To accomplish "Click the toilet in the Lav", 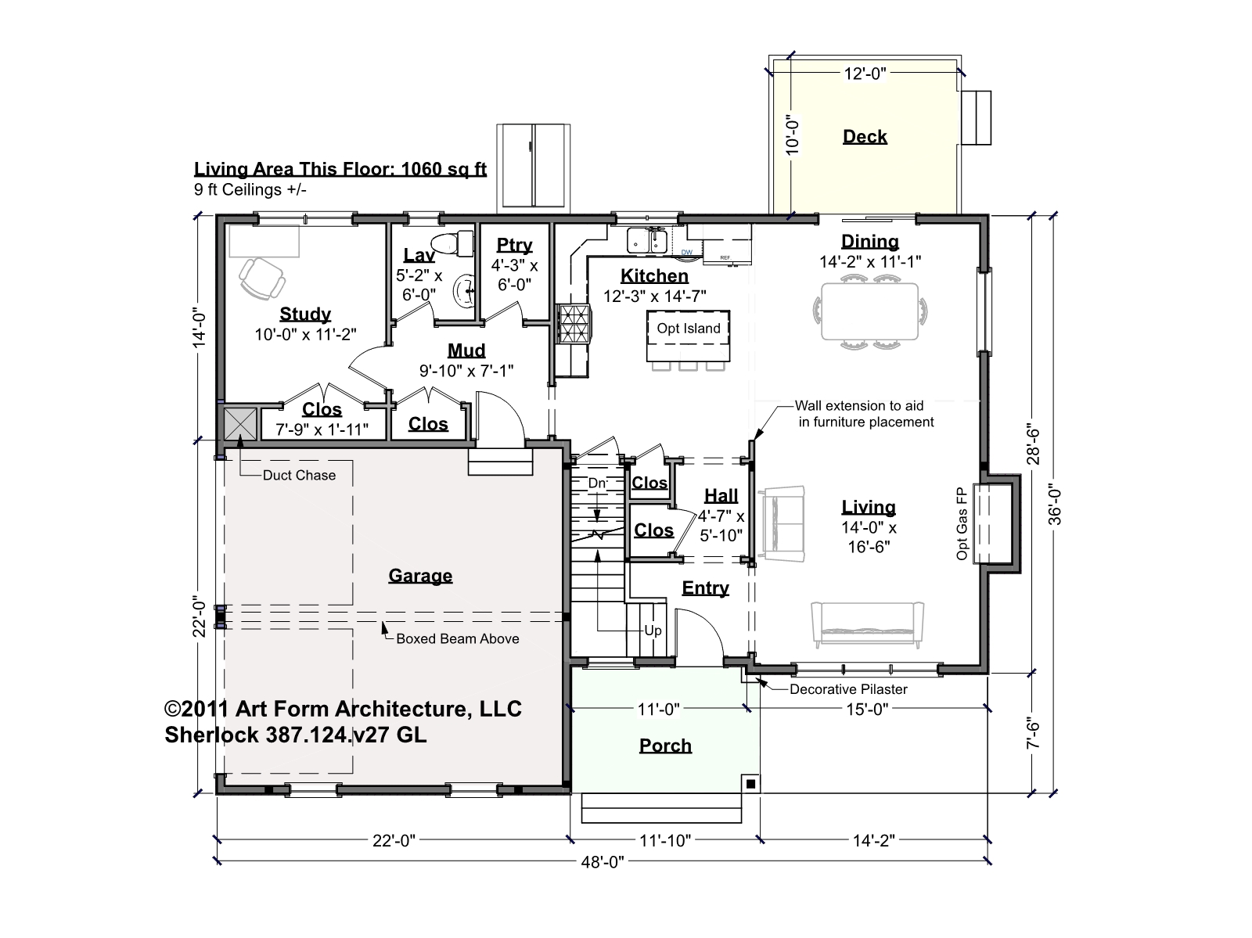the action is [452, 243].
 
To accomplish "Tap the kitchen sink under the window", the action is [647, 240].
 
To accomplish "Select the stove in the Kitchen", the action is [574, 324].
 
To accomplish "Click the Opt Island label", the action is [689, 328].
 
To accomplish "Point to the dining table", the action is [870, 311].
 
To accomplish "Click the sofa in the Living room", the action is [867, 624].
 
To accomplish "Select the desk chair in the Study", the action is [262, 279].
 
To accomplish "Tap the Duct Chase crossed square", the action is [240, 424].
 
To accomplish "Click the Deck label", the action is [865, 136].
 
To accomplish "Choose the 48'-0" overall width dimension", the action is [603, 861].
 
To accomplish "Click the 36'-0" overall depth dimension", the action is [1055, 506].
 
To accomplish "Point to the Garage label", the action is [420, 576].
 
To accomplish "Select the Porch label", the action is [665, 746].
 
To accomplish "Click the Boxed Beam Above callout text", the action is [458, 638].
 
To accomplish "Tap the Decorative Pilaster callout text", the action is [848, 688].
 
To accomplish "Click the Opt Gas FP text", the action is [962, 523].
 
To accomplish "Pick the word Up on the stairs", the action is [653, 630].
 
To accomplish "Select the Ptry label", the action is [514, 245].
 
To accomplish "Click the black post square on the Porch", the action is [750, 783].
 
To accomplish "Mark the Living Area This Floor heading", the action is [340, 169].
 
